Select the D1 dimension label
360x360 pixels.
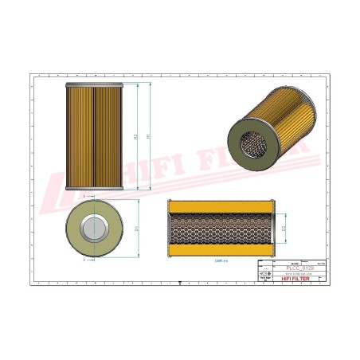(x=137, y=229)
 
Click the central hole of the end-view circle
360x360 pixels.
(x=94, y=229)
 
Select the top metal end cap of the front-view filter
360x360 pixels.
(x=93, y=83)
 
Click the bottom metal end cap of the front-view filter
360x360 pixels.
(x=93, y=189)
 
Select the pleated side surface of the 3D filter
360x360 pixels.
(x=276, y=120)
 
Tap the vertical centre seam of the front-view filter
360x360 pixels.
(x=93, y=135)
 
